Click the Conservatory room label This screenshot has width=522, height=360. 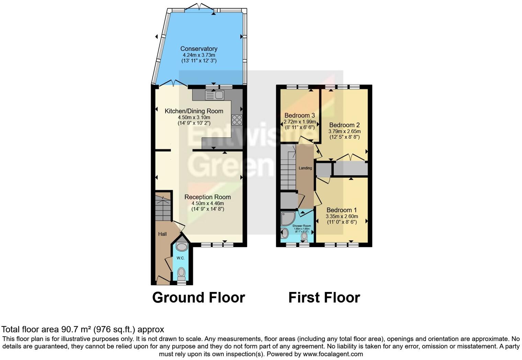point(198,49)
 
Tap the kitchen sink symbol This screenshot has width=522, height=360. point(215,94)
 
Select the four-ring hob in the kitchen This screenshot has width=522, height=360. point(237,120)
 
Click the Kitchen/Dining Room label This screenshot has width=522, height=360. point(194,111)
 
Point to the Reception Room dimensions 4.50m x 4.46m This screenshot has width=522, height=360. point(207,203)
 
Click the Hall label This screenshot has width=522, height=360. point(162,234)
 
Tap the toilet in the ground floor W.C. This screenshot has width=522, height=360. point(181,274)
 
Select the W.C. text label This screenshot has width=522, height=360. point(181,258)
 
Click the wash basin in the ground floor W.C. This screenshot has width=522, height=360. point(181,246)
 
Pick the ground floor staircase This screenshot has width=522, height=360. point(162,208)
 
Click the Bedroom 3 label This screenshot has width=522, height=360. point(299,115)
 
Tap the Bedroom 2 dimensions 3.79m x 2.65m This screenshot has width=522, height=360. point(344,131)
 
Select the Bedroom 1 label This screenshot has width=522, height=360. point(341,210)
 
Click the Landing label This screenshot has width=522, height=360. point(305,168)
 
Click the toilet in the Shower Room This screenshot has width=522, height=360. point(304,236)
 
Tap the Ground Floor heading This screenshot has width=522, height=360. point(198,297)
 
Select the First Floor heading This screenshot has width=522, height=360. point(324,297)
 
